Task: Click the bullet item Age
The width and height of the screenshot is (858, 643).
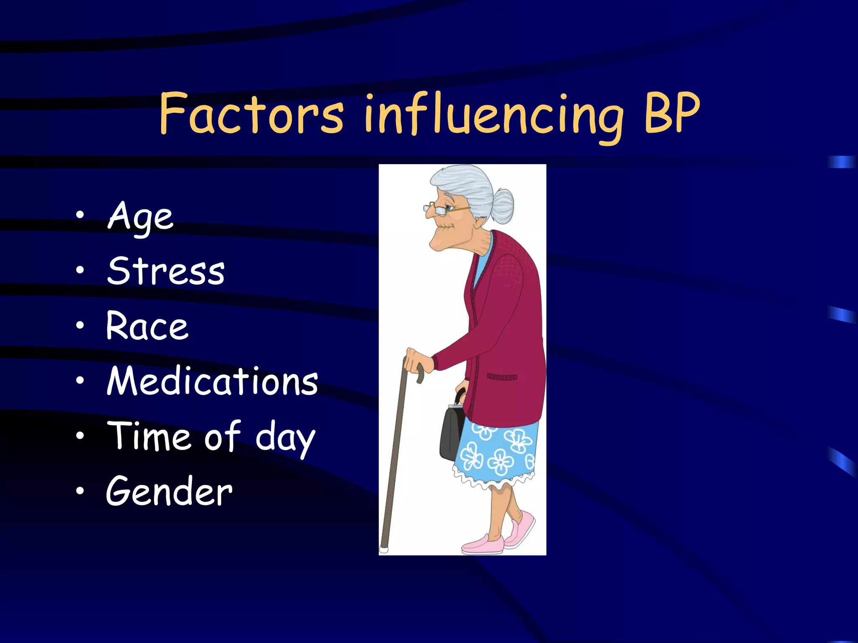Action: (x=140, y=217)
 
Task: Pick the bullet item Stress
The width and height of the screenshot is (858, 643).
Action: (x=166, y=271)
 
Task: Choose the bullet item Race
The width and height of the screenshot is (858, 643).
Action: (x=147, y=326)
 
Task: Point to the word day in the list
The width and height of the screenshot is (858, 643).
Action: (x=285, y=439)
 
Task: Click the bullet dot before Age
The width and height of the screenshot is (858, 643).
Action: (x=80, y=216)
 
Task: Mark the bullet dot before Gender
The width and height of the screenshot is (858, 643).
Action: (x=80, y=491)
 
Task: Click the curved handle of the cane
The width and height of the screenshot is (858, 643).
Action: (x=415, y=368)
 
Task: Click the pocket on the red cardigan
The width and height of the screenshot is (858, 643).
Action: (x=501, y=377)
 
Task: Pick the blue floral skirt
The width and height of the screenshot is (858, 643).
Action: (x=496, y=452)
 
